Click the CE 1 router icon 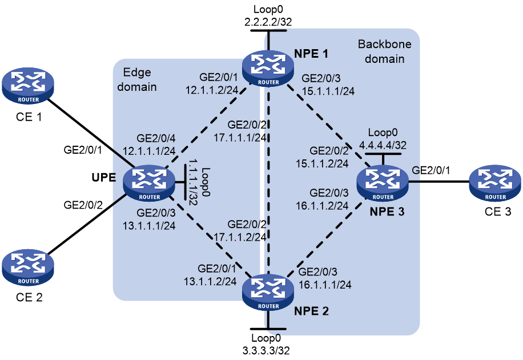pyautogui.click(x=27, y=86)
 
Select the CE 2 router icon pyautogui.click(x=27, y=268)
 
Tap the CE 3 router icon pyautogui.click(x=495, y=183)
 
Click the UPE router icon pyautogui.click(x=149, y=183)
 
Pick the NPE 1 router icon pyautogui.click(x=268, y=69)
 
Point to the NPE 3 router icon pyautogui.click(x=383, y=183)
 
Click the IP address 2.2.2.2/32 pyautogui.click(x=268, y=22)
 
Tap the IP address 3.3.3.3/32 pyautogui.click(x=266, y=351)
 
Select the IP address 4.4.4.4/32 pyautogui.click(x=383, y=145)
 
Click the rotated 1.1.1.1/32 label pyautogui.click(x=193, y=182)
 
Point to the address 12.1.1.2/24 pyautogui.click(x=212, y=90)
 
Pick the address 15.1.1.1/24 pyautogui.click(x=328, y=91)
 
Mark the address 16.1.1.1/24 pyautogui.click(x=325, y=285)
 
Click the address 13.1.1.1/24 pyautogui.click(x=149, y=226)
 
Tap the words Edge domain pyautogui.click(x=137, y=79)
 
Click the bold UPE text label pyautogui.click(x=104, y=178)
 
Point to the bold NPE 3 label pyautogui.click(x=387, y=211)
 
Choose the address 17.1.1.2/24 pyautogui.click(x=240, y=237)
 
